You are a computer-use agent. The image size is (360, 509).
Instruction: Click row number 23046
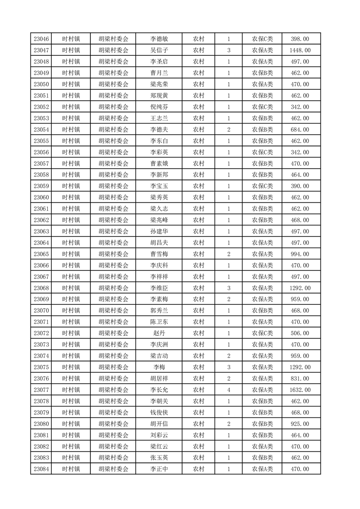click(x=41, y=39)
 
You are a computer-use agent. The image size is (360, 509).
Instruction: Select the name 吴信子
click(x=159, y=50)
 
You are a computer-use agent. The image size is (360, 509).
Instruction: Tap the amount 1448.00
click(x=300, y=50)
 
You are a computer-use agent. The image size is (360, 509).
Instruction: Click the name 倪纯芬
click(x=159, y=107)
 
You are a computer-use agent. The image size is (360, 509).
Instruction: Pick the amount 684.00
click(x=300, y=130)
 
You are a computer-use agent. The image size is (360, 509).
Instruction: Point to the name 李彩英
click(x=159, y=152)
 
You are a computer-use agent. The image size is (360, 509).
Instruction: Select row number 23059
click(x=41, y=186)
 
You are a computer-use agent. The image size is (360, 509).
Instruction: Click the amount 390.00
click(x=300, y=186)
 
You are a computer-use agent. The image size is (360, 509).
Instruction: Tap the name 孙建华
click(x=159, y=231)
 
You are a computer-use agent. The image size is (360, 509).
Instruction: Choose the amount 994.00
click(x=300, y=254)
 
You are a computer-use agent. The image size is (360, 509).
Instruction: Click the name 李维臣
click(x=159, y=288)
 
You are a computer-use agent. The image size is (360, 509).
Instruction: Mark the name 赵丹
click(x=159, y=333)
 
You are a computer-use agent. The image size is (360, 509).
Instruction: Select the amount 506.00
click(x=300, y=333)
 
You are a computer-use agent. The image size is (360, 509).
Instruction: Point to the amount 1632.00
click(x=300, y=390)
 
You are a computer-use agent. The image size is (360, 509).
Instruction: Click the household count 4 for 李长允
click(x=229, y=390)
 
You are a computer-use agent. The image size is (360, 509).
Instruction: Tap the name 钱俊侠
click(x=159, y=412)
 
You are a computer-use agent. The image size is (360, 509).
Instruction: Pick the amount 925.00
click(x=300, y=424)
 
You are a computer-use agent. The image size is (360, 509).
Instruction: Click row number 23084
click(x=41, y=469)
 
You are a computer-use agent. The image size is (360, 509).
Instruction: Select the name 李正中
click(x=159, y=469)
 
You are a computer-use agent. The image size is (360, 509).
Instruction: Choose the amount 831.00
click(x=300, y=378)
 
